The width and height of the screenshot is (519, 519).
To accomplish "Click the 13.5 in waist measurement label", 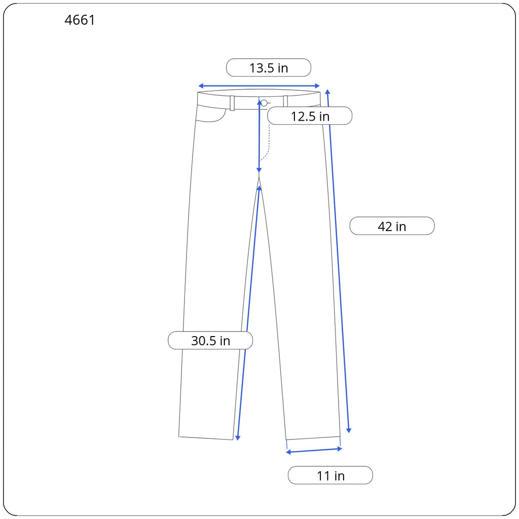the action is point(269,68).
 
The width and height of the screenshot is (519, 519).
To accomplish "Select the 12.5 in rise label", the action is point(310,116).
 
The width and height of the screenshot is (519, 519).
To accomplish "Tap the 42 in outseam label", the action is point(392,227).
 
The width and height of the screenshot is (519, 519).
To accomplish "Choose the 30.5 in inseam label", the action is point(210,341).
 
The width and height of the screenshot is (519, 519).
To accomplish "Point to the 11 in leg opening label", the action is point(330,475).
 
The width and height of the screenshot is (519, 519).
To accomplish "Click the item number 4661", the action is point(80,20).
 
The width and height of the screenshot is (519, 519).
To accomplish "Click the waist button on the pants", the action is point(264,103).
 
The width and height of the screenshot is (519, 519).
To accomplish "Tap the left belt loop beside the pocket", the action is point(232,103).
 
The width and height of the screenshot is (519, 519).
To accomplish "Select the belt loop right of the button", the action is point(285,101).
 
